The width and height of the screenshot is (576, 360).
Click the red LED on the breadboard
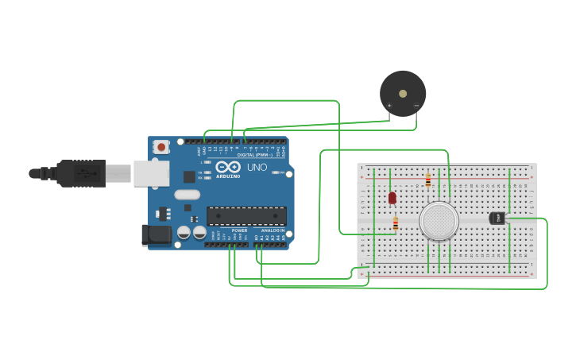[392, 197]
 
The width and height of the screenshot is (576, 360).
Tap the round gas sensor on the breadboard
[439, 221]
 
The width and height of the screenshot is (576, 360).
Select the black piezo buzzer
[403, 93]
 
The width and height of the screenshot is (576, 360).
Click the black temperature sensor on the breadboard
[498, 218]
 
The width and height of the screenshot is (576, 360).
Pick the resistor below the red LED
[396, 224]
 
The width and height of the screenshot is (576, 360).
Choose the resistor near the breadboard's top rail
[428, 180]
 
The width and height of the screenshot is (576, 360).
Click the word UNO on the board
[257, 168]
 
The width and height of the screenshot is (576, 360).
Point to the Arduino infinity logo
[228, 168]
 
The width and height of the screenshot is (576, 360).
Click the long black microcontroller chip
[246, 215]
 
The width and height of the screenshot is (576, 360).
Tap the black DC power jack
[157, 234]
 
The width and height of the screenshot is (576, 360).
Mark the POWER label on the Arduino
[239, 230]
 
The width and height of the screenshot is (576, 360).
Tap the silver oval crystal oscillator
[187, 195]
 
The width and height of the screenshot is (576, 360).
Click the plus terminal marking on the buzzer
[389, 106]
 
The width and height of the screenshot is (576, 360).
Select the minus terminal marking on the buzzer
[416, 106]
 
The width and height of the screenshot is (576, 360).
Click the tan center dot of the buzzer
[403, 93]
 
